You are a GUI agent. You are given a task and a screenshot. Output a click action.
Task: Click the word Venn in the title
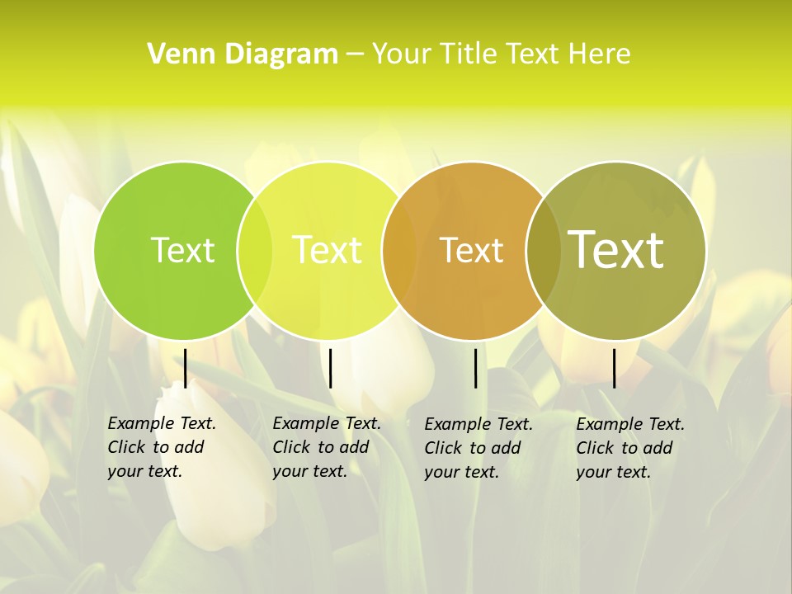click(172, 54)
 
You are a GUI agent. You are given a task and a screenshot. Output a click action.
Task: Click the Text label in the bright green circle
click(182, 250)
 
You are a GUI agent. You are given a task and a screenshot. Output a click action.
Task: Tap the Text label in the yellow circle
click(327, 250)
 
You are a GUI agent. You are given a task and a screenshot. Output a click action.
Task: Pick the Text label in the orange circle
click(471, 250)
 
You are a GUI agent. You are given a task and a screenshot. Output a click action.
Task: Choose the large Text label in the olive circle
click(615, 250)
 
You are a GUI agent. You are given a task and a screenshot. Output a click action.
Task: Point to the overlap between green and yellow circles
click(255, 251)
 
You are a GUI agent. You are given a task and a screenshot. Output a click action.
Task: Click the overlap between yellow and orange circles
click(399, 251)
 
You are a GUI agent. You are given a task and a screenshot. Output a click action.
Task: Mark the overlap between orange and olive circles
click(543, 251)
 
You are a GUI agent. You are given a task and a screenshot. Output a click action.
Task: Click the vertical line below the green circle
click(186, 368)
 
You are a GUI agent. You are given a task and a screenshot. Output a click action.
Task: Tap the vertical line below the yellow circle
click(330, 368)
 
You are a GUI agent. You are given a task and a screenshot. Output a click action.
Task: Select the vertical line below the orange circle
click(475, 368)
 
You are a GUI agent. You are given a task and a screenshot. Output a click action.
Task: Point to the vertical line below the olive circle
click(614, 368)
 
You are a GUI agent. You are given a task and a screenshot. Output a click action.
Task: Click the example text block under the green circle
click(161, 447)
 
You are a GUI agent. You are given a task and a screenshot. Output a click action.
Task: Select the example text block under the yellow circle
click(326, 447)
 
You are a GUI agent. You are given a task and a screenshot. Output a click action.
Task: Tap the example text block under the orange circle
click(478, 448)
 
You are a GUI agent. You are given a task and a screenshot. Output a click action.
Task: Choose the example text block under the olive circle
click(629, 448)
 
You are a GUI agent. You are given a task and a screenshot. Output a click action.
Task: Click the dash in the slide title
click(355, 55)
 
